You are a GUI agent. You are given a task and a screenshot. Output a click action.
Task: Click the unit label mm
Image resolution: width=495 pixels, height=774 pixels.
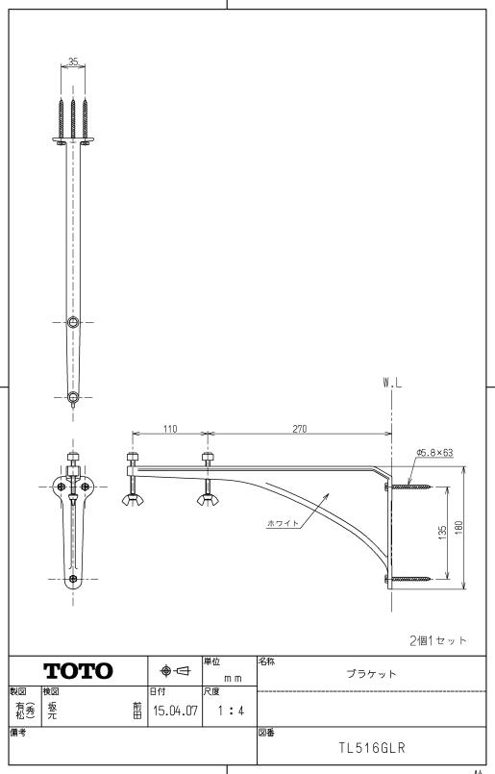231,678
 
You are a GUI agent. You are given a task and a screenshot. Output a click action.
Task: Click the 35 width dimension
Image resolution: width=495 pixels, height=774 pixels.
74,61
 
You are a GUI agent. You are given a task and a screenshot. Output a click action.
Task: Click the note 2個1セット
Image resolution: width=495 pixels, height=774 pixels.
437,638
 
